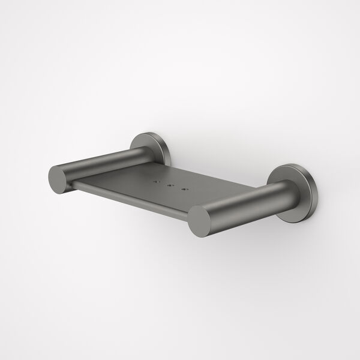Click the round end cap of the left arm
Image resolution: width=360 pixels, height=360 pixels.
[x=59, y=178]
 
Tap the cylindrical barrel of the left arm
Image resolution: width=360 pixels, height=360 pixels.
[x=102, y=162]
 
